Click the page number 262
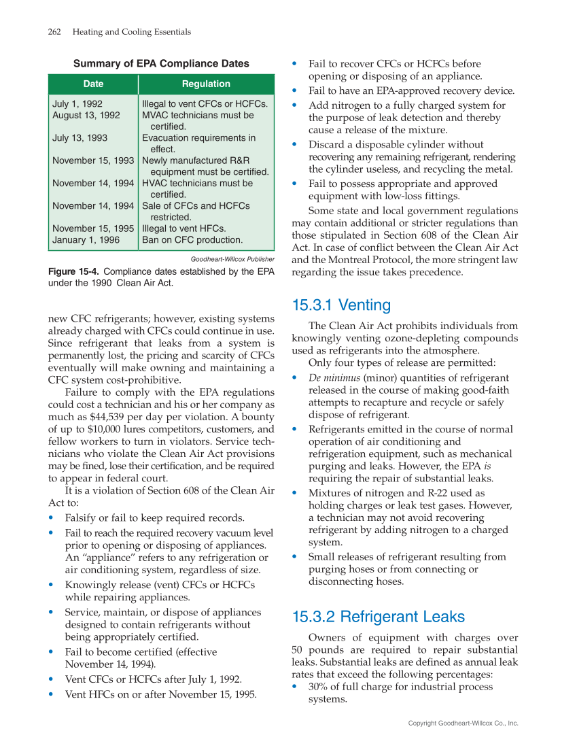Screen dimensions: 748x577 pyautogui.click(x=55, y=32)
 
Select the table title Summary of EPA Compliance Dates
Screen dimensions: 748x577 pyautogui.click(x=161, y=64)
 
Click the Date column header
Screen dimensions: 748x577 pyautogui.click(x=93, y=84)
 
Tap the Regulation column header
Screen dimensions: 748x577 pyautogui.click(x=206, y=84)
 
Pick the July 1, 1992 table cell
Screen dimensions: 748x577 pyautogui.click(x=77, y=104)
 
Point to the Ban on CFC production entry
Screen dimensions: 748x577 pyautogui.click(x=192, y=240)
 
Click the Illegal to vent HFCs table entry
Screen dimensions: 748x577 pyautogui.click(x=183, y=228)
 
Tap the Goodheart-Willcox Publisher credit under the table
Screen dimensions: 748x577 pyautogui.click(x=232, y=259)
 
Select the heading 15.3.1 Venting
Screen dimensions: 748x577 pyautogui.click(x=341, y=305)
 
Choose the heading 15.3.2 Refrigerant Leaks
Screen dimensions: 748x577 pyautogui.click(x=378, y=617)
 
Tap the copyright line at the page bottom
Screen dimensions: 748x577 pyautogui.click(x=463, y=724)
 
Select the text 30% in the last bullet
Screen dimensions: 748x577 pyautogui.click(x=318, y=687)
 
